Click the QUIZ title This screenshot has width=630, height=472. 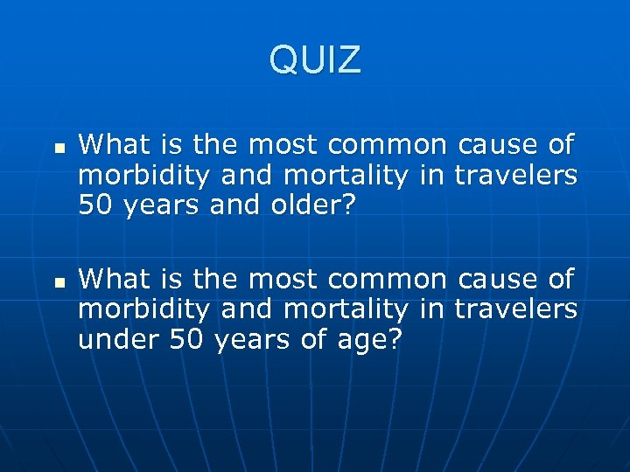click(315, 60)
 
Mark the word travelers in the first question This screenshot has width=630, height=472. click(515, 175)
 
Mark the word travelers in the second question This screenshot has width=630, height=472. click(515, 310)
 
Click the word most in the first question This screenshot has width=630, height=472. click(275, 143)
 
